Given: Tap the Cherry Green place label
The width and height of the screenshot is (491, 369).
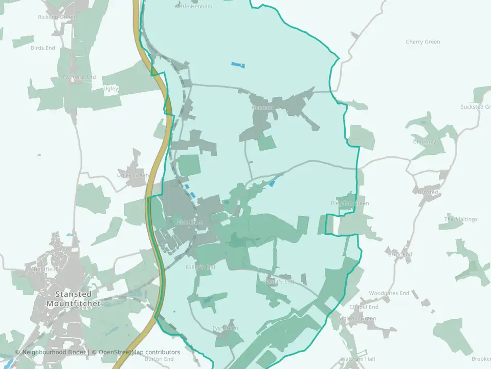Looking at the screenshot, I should pos(422,42).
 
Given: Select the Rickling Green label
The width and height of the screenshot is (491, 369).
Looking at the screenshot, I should pos(57,17).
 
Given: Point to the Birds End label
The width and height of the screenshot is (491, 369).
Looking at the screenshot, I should pos(43,48).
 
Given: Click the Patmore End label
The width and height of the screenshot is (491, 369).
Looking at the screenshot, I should pos(79,77).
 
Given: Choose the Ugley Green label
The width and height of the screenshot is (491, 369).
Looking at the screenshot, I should pos(133,175).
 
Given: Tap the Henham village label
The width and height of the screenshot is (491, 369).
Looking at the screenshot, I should pos(263,108).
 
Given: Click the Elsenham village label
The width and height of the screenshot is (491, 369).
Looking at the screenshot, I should pos(189,222).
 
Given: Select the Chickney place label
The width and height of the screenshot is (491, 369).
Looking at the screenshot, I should pos(425,141).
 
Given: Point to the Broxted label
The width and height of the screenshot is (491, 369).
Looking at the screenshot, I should pos(428,192).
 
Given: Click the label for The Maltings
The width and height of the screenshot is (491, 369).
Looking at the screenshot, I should pos(460,219).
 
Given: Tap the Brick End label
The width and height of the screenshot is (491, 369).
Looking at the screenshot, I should pos(399,254).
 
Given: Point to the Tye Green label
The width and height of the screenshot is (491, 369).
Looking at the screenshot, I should pos(225,328).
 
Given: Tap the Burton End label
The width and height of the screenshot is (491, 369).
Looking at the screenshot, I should pos(159,359).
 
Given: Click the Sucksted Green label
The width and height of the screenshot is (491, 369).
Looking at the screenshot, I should pos(475,107).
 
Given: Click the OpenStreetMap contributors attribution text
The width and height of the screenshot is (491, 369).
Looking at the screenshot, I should pos(139,352).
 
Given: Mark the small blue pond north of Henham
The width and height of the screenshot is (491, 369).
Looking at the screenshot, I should pos(238,65).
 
